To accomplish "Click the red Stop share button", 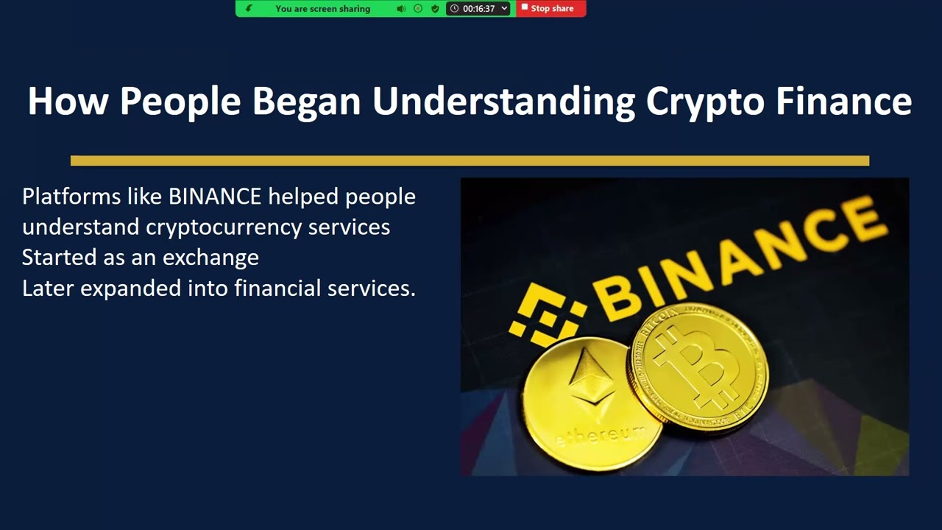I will point(551,9).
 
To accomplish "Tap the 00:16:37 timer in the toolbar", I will point(478,9).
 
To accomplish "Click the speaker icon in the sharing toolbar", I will point(400,9).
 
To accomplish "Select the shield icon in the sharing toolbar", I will point(435,9).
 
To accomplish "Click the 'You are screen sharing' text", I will point(322,9).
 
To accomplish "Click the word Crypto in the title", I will point(705,102).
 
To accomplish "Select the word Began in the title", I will point(306,102).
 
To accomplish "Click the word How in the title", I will point(68,102).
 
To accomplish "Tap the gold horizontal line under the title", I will point(470,160).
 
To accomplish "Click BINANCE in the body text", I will point(215,197).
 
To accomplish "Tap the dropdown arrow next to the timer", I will point(504,9).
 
